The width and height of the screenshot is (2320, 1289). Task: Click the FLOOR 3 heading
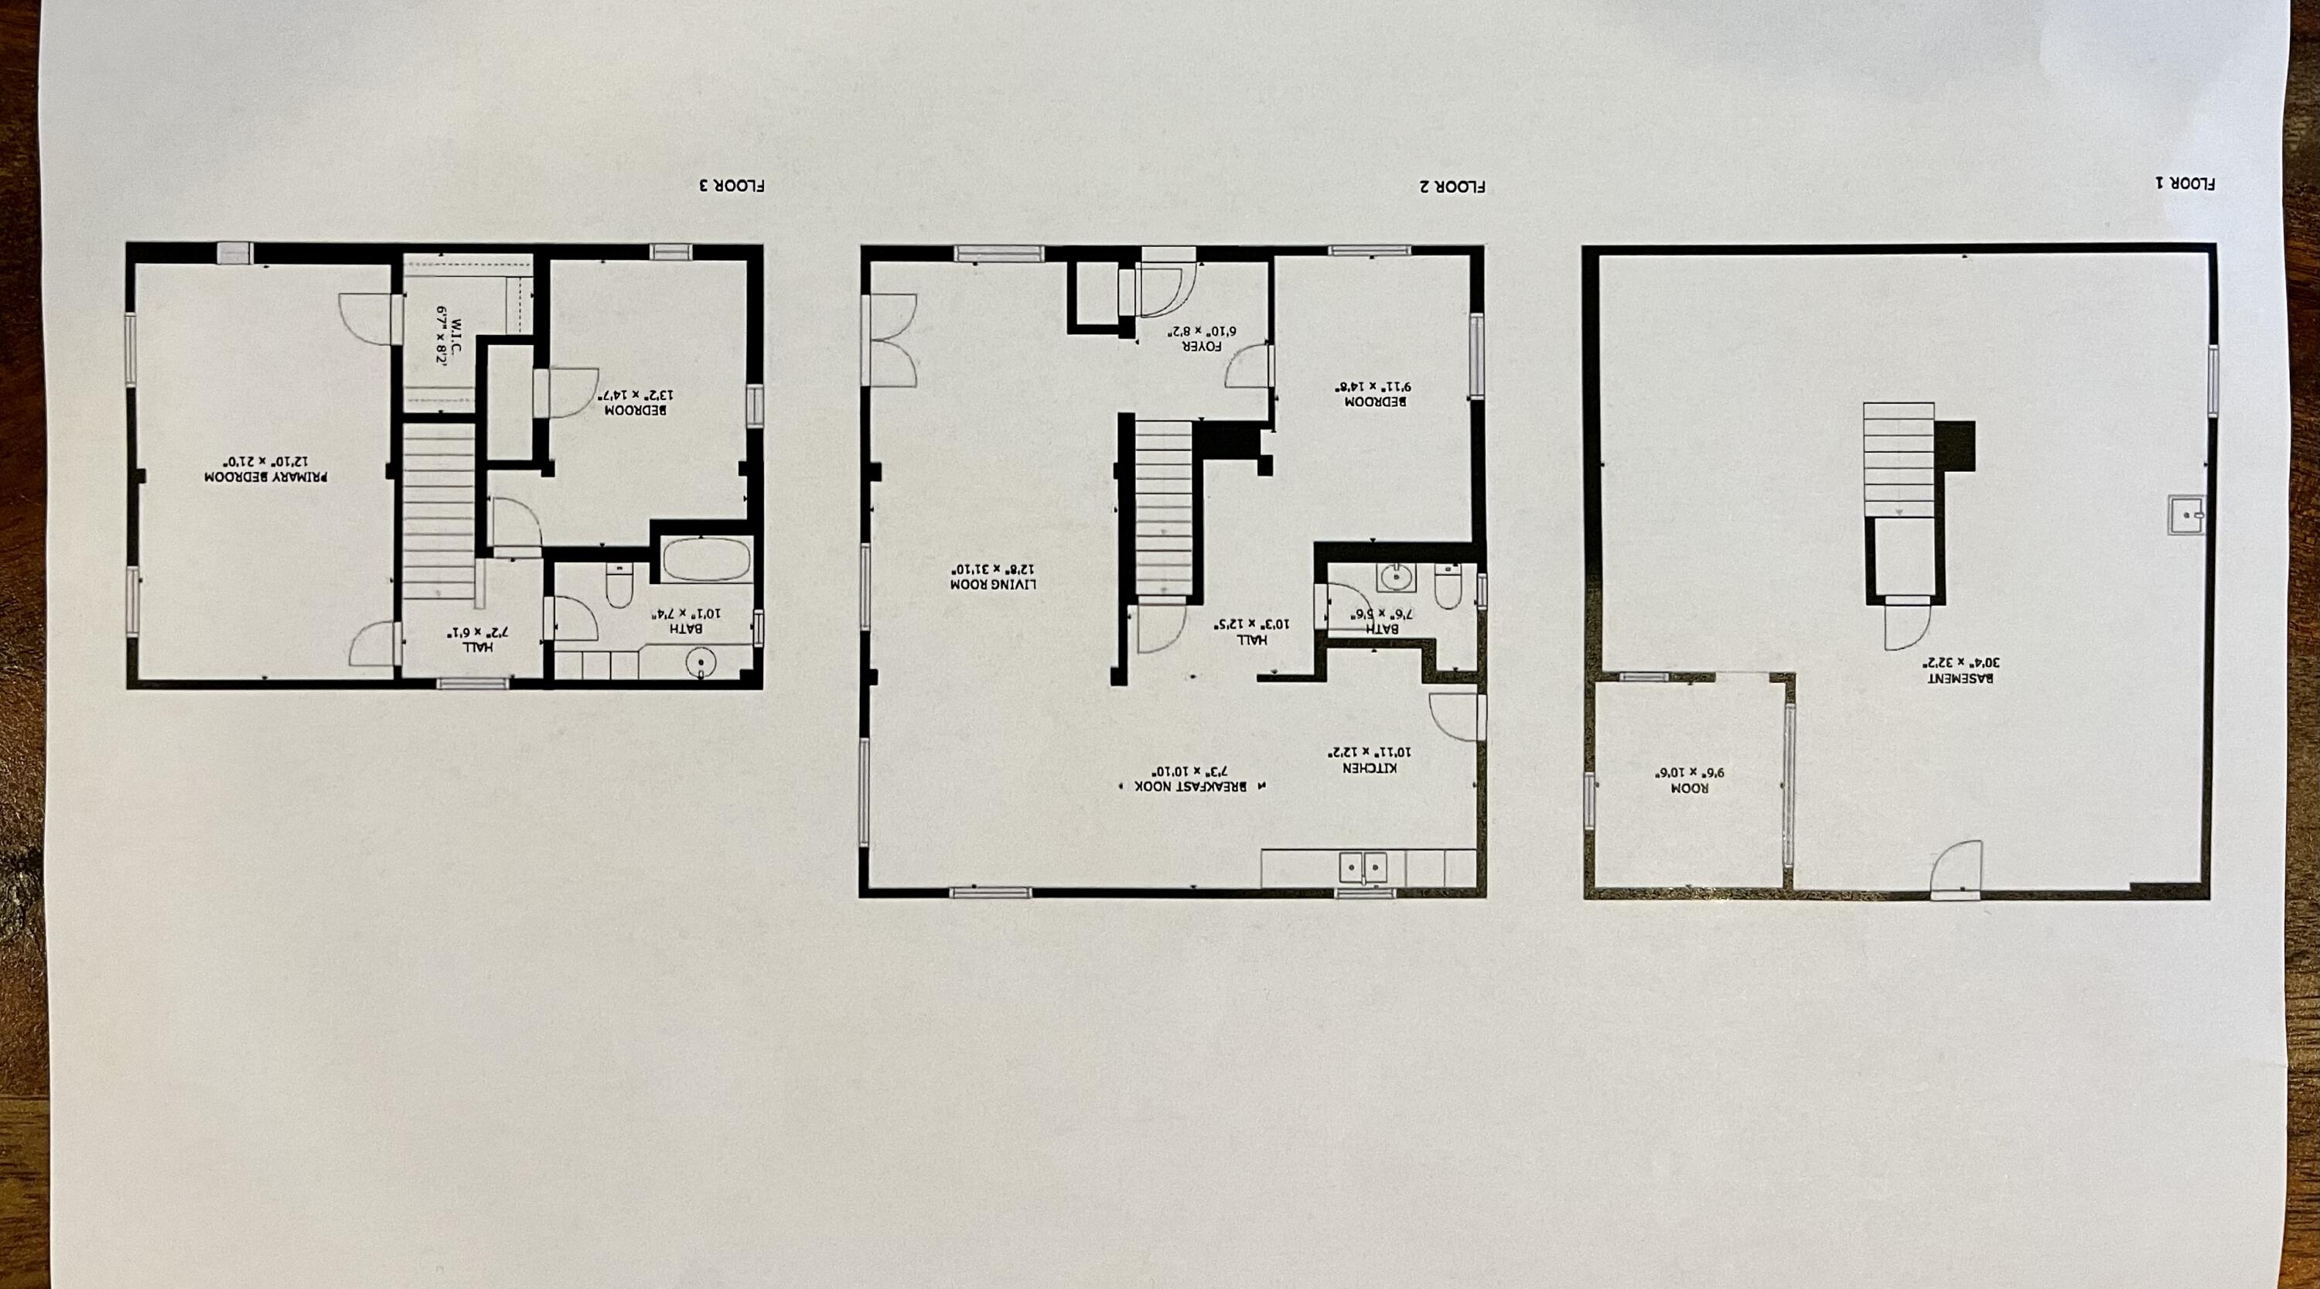pos(732,186)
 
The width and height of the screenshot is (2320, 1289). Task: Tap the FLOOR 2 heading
pos(1452,187)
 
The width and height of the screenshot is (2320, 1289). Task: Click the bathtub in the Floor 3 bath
pos(707,560)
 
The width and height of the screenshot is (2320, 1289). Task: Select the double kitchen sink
pos(1363,868)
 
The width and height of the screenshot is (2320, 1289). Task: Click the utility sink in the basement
pos(2185,516)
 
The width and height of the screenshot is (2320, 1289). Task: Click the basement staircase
pos(1899,460)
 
